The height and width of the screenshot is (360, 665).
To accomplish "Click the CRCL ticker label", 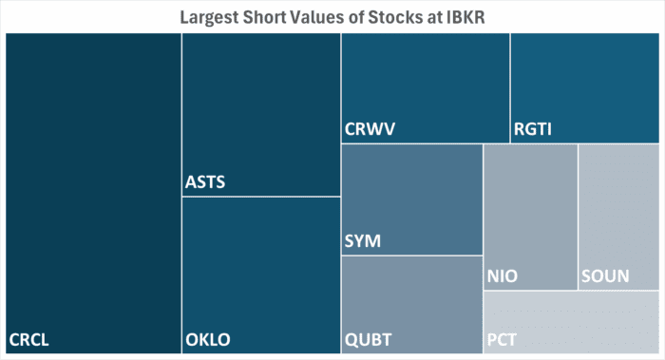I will (29, 339).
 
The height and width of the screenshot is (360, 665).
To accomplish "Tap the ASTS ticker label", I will (205, 181).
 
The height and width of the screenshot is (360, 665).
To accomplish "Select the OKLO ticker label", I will (208, 339).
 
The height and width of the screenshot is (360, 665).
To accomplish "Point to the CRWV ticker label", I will (370, 129).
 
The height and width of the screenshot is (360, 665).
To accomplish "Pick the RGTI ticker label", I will (532, 129).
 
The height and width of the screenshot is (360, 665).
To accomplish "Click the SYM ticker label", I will (362, 241).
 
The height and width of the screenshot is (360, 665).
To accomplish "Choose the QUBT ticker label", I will (368, 339).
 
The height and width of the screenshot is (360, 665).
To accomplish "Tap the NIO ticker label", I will (502, 276).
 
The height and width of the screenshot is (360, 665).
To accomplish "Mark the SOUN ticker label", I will (603, 276).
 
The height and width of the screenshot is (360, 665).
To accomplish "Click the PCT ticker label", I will (502, 339).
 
